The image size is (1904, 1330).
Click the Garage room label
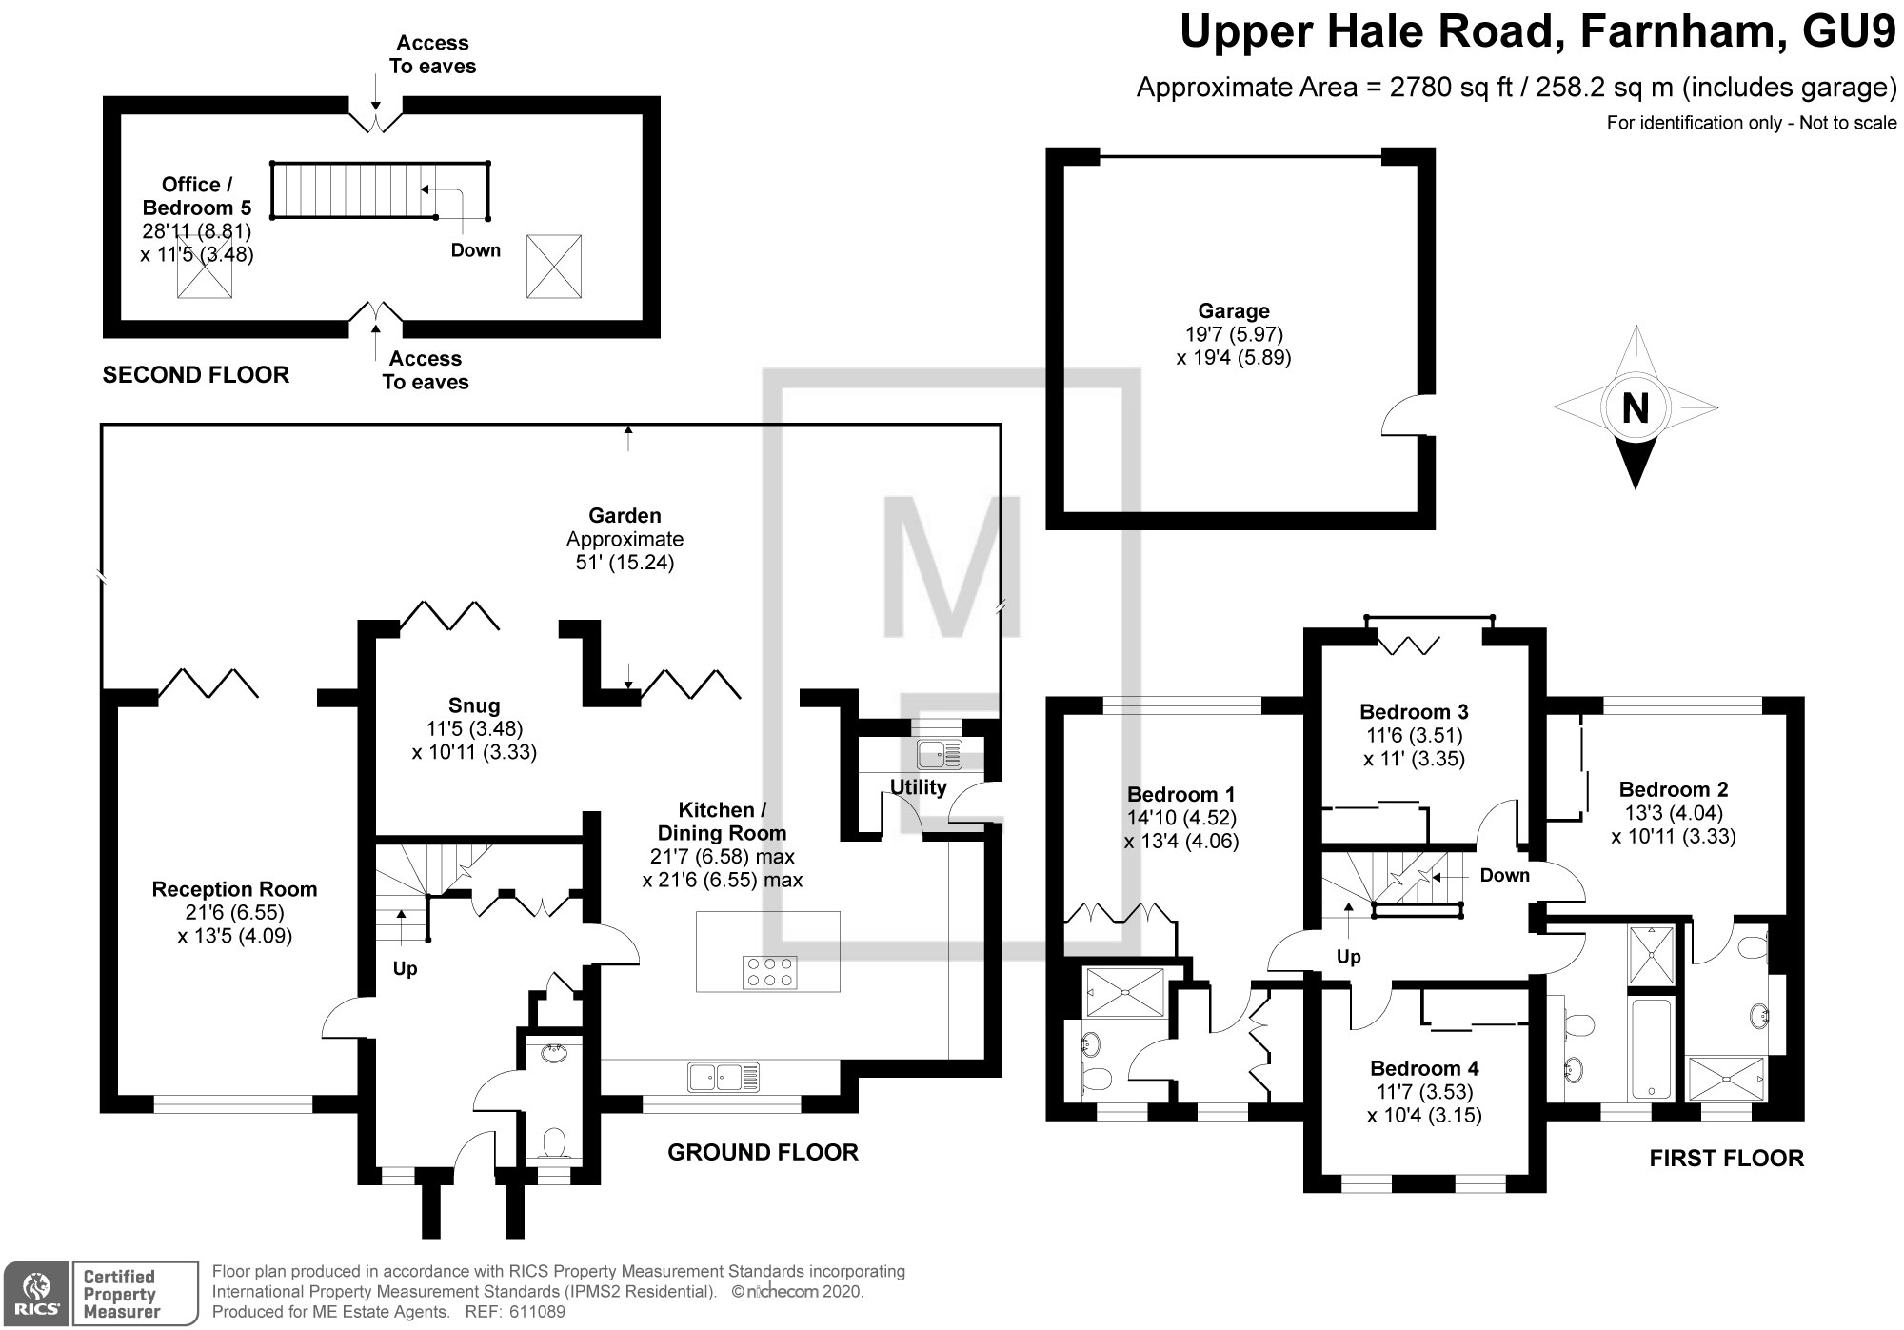[x=1234, y=311]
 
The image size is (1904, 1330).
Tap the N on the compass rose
[x=1635, y=408]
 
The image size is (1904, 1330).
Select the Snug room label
[x=474, y=705]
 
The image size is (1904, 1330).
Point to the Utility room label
[x=918, y=787]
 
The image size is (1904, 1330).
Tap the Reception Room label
[x=234, y=889]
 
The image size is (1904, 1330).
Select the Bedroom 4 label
[x=1424, y=1068]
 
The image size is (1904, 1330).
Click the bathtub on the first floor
[x=1651, y=1046]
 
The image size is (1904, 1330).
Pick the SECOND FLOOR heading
[x=195, y=375]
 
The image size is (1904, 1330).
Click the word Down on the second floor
[x=475, y=250]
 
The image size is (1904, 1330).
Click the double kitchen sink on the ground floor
[x=724, y=1077]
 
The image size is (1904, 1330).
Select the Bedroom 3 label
[x=1414, y=711]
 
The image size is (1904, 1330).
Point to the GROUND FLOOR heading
[x=763, y=1153]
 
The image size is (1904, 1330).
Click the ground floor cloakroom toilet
[x=552, y=1141]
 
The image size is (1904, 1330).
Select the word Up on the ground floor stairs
[x=406, y=969]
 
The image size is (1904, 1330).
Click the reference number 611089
[x=537, y=1312]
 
